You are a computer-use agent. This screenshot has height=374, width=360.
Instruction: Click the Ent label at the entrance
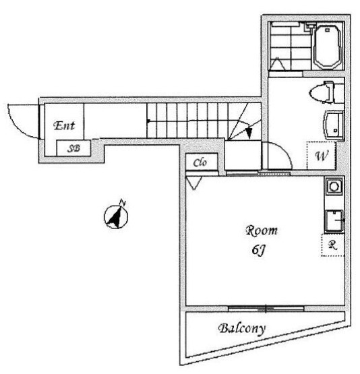pyautogui.click(x=64, y=125)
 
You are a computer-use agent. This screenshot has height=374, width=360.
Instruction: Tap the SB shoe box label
pyautogui.click(x=73, y=149)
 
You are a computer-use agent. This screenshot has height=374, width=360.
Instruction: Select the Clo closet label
pyautogui.click(x=200, y=162)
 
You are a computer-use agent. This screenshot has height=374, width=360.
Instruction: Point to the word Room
pyautogui.click(x=262, y=231)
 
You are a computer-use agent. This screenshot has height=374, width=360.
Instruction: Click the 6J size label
pyautogui.click(x=258, y=250)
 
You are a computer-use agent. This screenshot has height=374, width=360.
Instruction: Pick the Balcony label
pyautogui.click(x=242, y=329)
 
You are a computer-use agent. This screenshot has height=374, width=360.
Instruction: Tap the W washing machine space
pyautogui.click(x=322, y=156)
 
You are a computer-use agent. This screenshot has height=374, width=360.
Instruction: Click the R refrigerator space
pyautogui.click(x=333, y=245)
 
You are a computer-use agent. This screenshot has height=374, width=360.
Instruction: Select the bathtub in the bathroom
pyautogui.click(x=328, y=46)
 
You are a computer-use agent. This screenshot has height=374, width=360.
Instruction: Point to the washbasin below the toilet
pyautogui.click(x=333, y=125)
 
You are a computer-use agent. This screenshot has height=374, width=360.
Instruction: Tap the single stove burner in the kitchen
pyautogui.click(x=334, y=186)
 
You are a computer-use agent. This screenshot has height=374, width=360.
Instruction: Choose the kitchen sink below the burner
pyautogui.click(x=334, y=220)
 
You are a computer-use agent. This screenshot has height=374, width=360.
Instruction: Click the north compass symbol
pyautogui.click(x=116, y=216)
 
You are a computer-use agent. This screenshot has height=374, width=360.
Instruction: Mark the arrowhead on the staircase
pyautogui.click(x=249, y=133)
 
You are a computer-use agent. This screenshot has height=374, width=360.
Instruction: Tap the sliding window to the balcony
pyautogui.click(x=266, y=309)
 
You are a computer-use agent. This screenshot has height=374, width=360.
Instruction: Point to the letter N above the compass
pyautogui.click(x=123, y=202)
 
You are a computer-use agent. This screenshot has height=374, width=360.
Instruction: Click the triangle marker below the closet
pyautogui.click(x=194, y=183)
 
